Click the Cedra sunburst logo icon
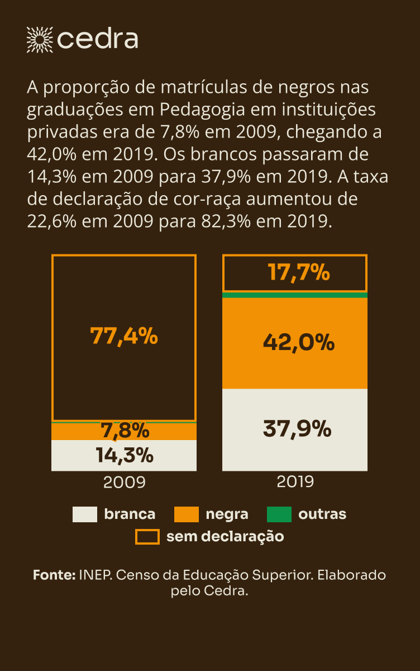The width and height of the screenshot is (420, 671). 39,39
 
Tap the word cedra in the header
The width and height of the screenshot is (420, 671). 98,39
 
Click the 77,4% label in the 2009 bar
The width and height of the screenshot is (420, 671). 124,336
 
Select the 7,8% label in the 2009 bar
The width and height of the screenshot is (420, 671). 125,431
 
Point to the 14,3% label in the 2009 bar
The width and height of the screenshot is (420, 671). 125,456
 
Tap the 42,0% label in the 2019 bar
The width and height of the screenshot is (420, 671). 298,342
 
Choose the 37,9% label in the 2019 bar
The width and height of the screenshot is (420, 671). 297,429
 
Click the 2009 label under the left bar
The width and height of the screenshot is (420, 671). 124,482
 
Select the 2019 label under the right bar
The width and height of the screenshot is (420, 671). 295,481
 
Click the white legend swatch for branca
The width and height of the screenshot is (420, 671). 85,514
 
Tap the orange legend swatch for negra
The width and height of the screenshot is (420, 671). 187,514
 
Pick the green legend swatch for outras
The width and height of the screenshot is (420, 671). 279,514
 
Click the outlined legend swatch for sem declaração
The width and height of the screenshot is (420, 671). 147,537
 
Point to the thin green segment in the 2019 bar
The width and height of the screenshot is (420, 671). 295,295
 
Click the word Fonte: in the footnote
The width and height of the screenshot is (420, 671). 54,575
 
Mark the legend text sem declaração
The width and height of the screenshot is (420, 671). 225,537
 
